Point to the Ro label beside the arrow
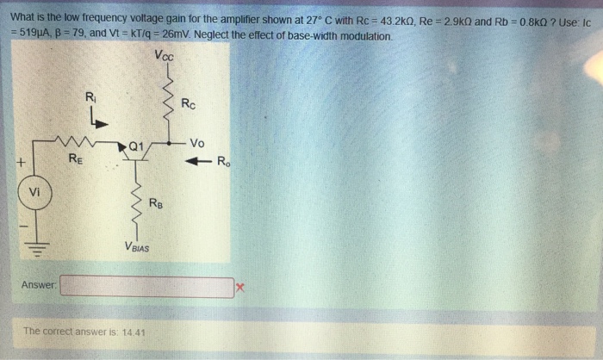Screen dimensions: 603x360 click(223, 161)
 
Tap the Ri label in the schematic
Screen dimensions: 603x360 click(90, 96)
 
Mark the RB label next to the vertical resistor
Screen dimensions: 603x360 click(154, 203)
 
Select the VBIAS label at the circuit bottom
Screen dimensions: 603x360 click(135, 248)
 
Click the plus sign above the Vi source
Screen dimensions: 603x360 click(18, 162)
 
